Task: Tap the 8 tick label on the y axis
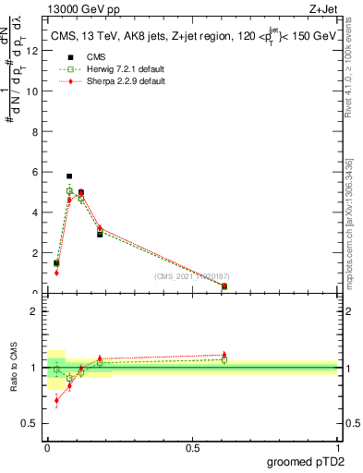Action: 37,131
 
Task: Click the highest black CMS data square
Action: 69,176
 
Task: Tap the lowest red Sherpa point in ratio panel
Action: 56,400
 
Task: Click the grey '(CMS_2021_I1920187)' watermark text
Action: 191,275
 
